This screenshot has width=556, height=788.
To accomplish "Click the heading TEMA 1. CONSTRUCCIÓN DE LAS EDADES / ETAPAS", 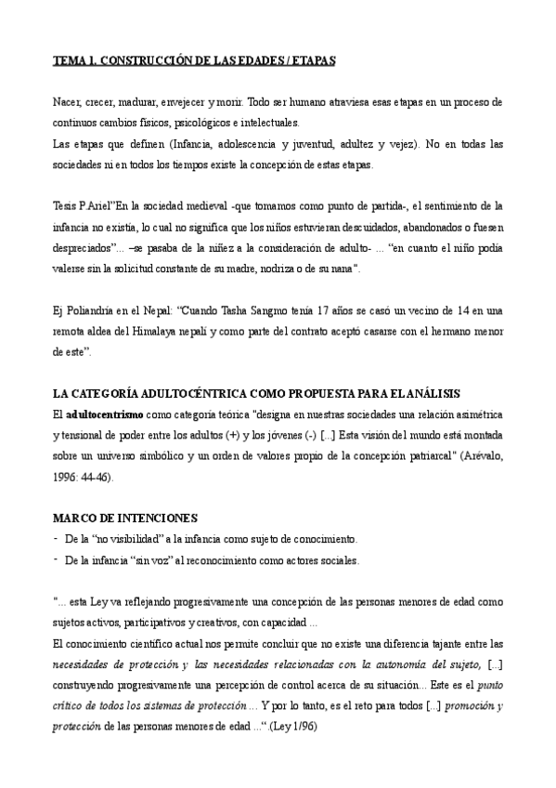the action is coord(194,59).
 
